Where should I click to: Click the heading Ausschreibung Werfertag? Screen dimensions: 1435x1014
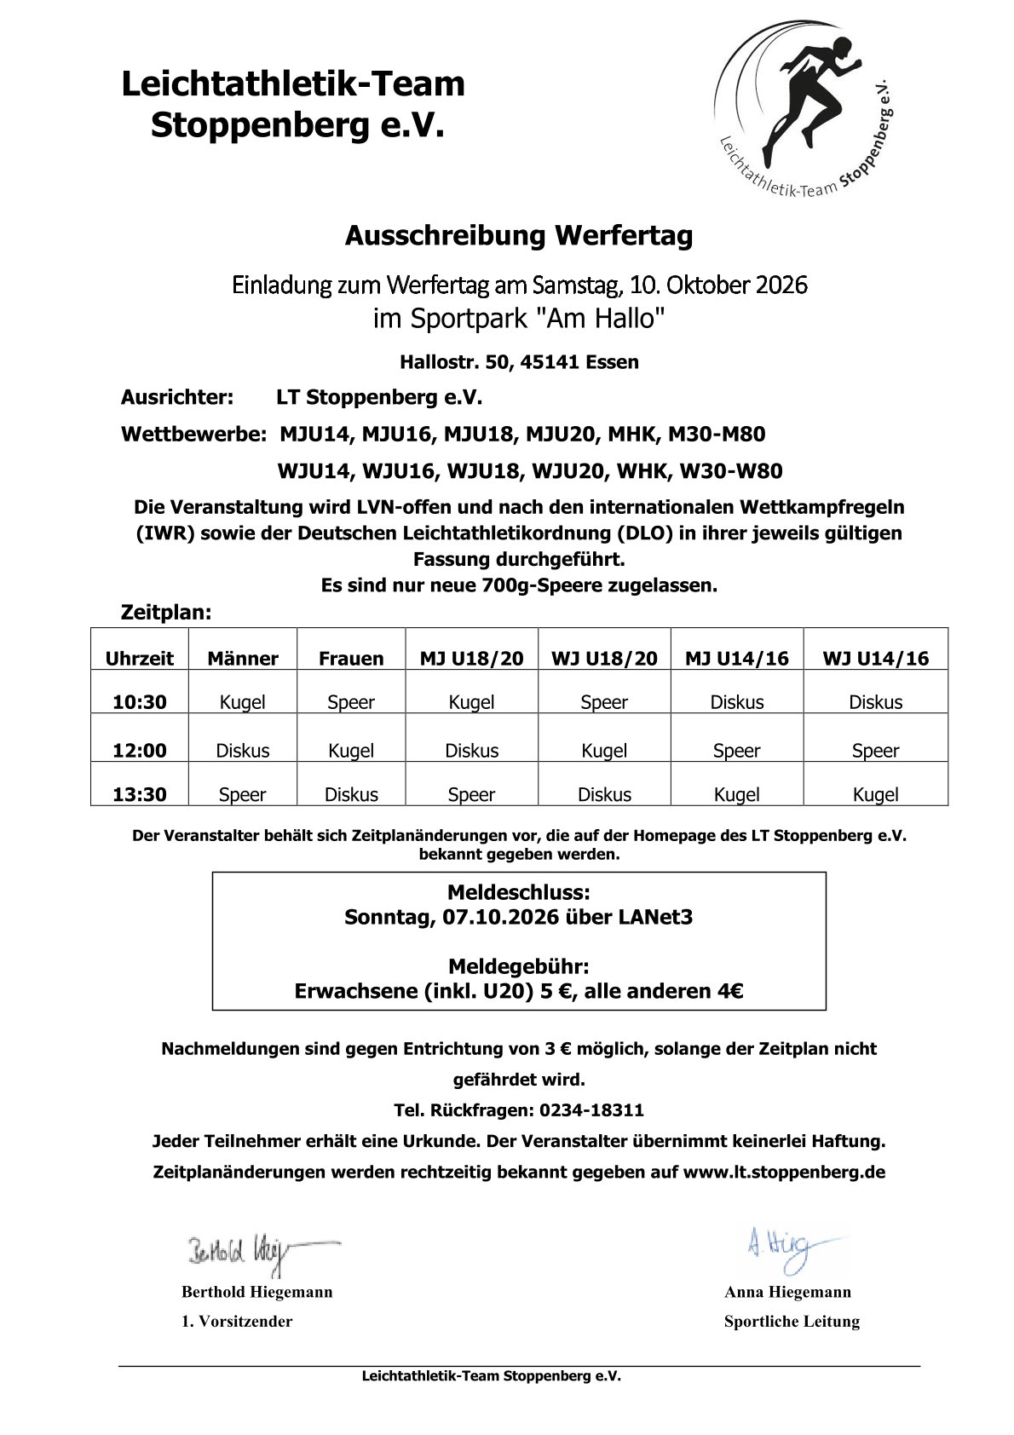pos(518,235)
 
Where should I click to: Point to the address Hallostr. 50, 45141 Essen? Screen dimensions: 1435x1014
pos(519,362)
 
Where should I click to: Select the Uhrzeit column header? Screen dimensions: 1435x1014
pos(139,658)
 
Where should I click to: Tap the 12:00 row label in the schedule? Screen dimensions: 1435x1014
pos(140,750)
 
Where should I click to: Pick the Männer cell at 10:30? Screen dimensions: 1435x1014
pos(243,702)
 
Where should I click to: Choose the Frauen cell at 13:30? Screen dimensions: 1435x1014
pos(351,794)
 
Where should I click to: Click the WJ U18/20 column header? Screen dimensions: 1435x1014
pos(604,658)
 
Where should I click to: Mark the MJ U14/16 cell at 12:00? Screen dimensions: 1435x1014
pos(736,750)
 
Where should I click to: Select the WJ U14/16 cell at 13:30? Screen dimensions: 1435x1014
pos(875,794)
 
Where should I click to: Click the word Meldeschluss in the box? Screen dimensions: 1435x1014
pos(518,893)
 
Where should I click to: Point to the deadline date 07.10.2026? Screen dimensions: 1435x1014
pos(500,918)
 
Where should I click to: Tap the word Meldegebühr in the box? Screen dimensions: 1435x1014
pos(518,967)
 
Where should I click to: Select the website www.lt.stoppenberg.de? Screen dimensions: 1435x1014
pos(784,1172)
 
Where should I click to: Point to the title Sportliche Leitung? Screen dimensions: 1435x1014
pos(792,1322)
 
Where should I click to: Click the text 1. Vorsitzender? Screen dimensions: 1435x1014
pos(237,1322)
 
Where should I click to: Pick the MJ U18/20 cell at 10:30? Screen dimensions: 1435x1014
pos(471,702)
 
